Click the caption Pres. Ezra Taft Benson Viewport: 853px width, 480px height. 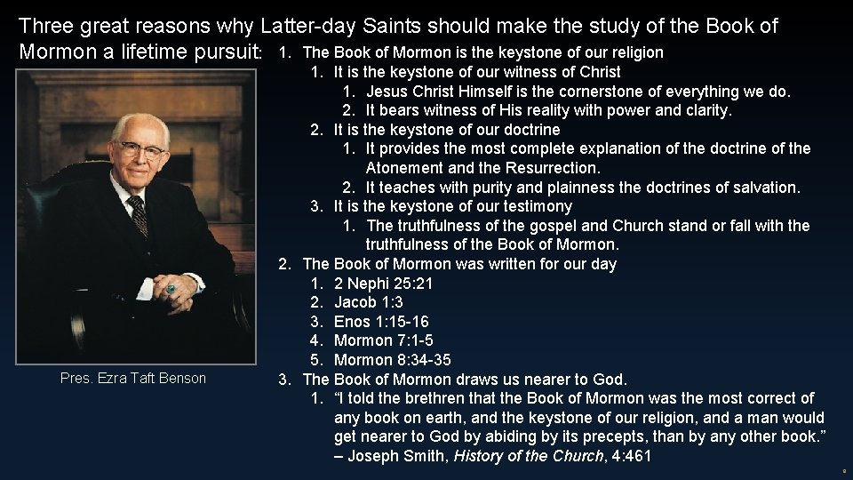[133, 378]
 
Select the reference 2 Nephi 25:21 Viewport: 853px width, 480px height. [384, 283]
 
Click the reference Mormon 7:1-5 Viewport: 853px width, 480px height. [384, 340]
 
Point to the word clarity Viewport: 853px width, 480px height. [706, 110]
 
